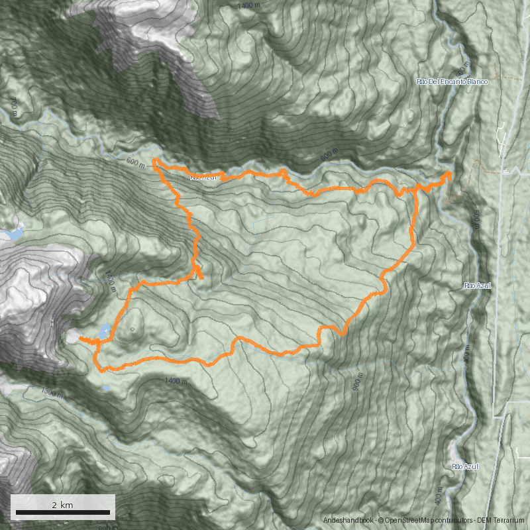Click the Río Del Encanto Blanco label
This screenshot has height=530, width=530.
[452, 81]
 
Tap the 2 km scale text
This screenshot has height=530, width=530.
[62, 505]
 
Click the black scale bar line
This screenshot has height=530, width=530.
[63, 513]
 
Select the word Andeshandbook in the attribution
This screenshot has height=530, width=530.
[348, 521]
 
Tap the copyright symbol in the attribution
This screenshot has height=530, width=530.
[380, 521]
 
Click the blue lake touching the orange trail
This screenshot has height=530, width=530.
[105, 329]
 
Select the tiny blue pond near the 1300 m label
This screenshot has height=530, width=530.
[105, 388]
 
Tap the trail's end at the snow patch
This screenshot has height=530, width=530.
[79, 339]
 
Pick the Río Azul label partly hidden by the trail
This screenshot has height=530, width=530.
[203, 178]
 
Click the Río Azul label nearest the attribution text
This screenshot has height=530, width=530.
[465, 467]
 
